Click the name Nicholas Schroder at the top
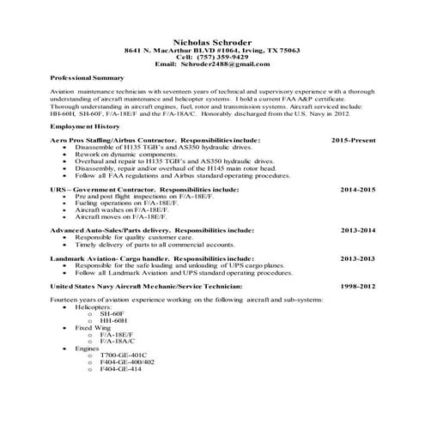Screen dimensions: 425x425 click(212, 42)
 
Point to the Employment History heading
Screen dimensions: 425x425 click(85, 125)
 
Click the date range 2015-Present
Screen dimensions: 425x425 click(353, 138)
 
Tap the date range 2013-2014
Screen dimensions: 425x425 click(358, 230)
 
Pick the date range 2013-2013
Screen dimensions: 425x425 click(358, 258)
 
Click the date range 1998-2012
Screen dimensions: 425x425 click(358, 284)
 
